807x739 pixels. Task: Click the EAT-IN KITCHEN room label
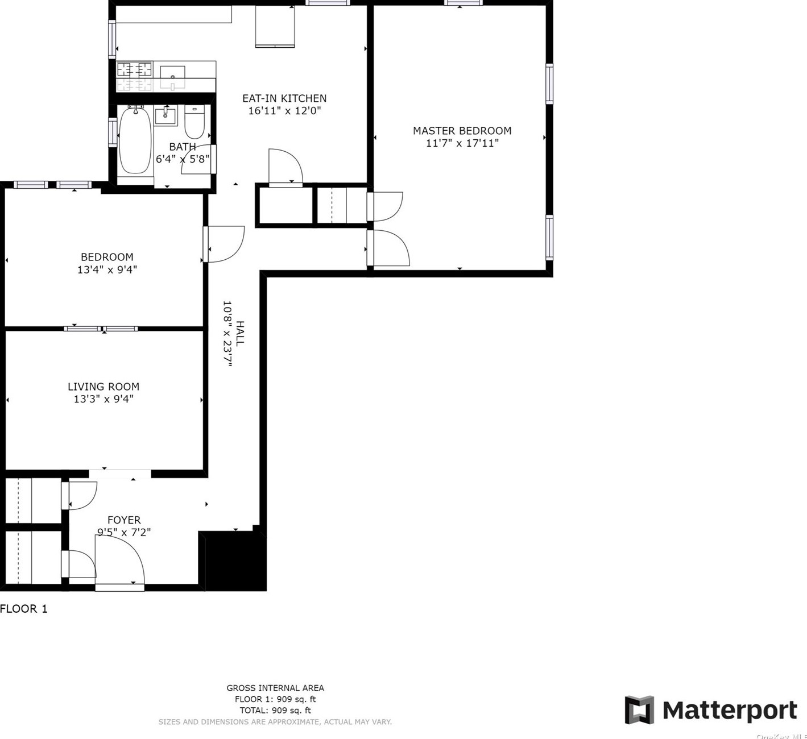pos(284,98)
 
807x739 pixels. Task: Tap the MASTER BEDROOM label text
pos(462,131)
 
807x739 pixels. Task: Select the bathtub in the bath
pos(135,140)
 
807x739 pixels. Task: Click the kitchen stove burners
pos(135,70)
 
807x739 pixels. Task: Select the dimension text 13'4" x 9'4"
pos(107,269)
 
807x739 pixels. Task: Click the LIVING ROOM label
pos(104,387)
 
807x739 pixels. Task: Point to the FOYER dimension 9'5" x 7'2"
pos(124,532)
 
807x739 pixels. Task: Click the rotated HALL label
pos(240,334)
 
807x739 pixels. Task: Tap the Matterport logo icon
pos(639,710)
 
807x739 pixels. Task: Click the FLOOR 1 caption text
pos(24,609)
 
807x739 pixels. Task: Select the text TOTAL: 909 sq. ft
pos(275,710)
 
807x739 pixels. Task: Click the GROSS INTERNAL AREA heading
pos(275,688)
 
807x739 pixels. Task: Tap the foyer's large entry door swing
pos(119,560)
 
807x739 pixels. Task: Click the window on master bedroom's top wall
pos(463,3)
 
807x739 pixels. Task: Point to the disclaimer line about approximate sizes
pos(275,722)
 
